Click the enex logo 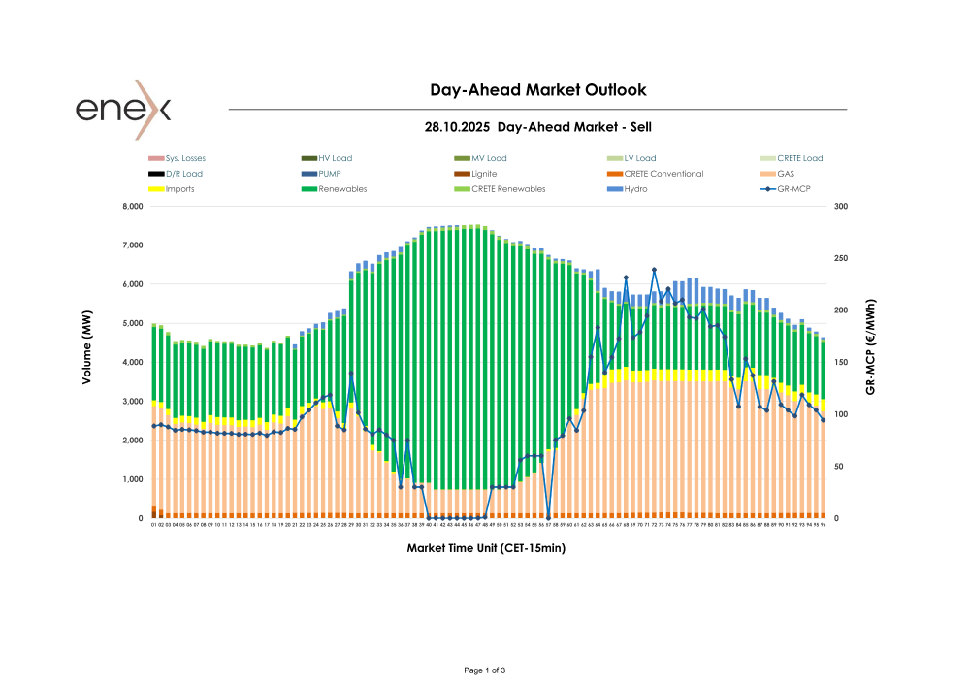(x=123, y=109)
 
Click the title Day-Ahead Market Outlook (x=537, y=90)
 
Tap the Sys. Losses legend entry (x=185, y=158)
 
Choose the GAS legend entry (x=786, y=174)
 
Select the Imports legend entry (x=179, y=189)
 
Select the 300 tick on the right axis (x=840, y=207)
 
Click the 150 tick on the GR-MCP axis (x=840, y=363)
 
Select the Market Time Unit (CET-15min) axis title (x=485, y=548)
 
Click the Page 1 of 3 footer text (x=485, y=670)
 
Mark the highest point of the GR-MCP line (x=654, y=270)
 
